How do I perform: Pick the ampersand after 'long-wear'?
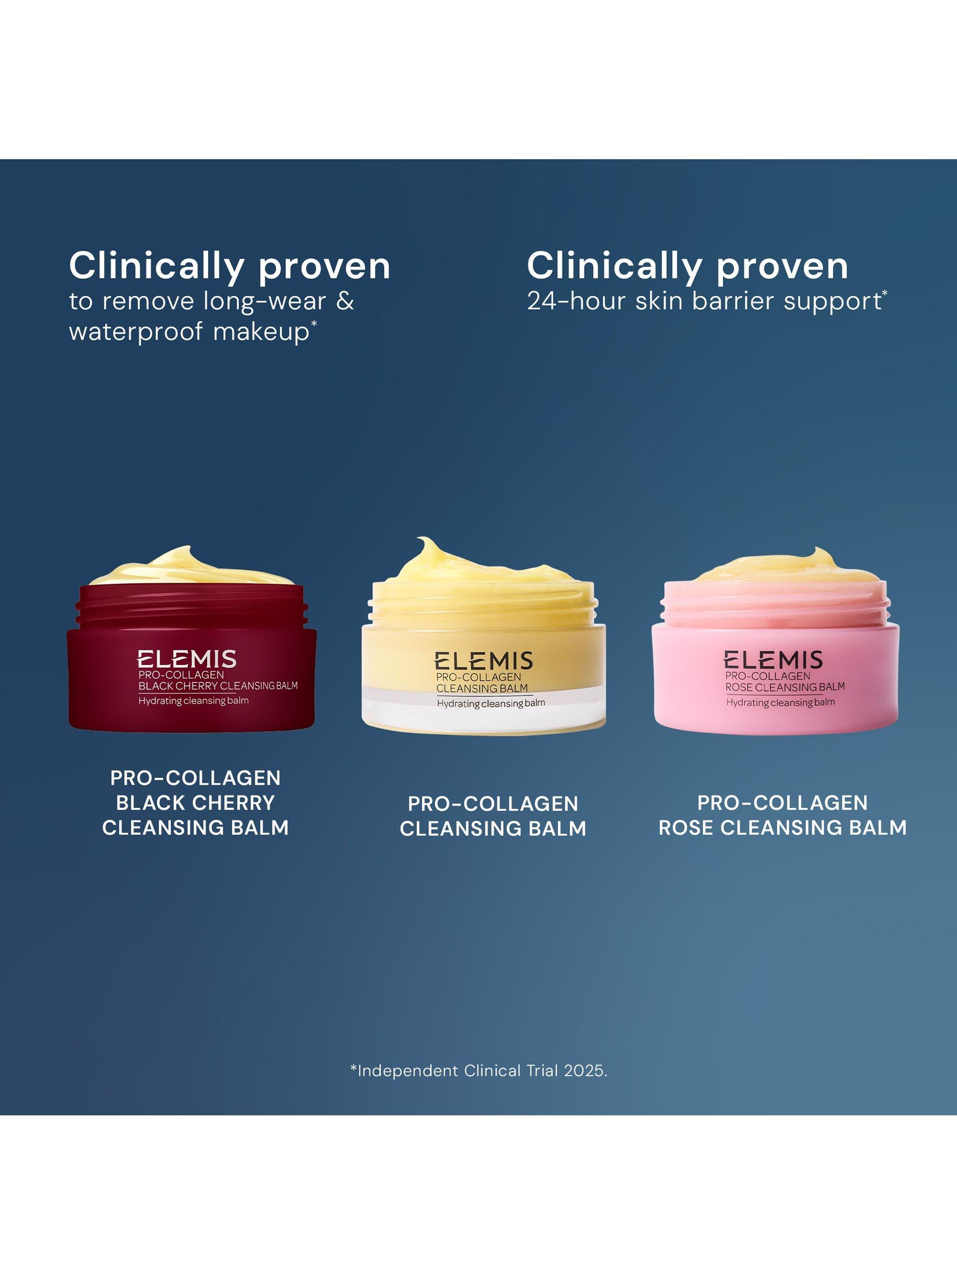point(345,301)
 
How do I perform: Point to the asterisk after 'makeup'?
point(314,326)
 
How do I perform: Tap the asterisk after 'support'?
point(885,295)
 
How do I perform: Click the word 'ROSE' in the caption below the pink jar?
point(686,828)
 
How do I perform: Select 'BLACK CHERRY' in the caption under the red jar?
point(195,802)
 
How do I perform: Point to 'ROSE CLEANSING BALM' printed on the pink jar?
point(785,686)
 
